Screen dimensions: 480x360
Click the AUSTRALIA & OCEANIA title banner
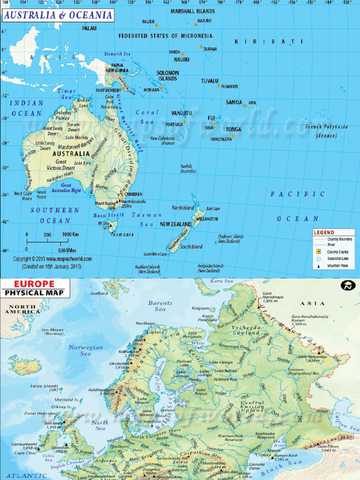(x=58, y=15)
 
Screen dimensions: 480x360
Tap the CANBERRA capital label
(x=134, y=194)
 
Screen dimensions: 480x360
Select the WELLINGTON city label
(x=207, y=219)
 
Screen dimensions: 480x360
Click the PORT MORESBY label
(x=108, y=90)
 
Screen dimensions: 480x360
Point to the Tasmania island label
(x=122, y=234)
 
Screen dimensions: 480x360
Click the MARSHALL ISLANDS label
(x=193, y=11)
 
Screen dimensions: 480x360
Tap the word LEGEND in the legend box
(x=324, y=232)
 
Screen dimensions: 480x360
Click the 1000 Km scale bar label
(x=70, y=234)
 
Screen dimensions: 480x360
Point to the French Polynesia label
(x=327, y=127)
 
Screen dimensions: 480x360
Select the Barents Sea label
(x=160, y=306)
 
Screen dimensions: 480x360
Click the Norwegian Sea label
(x=85, y=351)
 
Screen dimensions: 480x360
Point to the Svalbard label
(x=99, y=293)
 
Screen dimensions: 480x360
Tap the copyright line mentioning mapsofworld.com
(x=52, y=259)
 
